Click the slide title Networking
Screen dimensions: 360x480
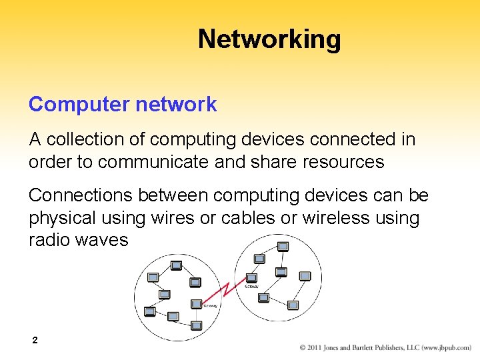click(269, 39)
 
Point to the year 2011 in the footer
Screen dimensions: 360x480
click(316, 348)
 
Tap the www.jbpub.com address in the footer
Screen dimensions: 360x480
click(445, 348)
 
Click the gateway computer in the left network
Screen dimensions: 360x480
click(196, 303)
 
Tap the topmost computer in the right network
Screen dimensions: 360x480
click(283, 247)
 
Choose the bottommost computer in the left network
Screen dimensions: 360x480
click(196, 326)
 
